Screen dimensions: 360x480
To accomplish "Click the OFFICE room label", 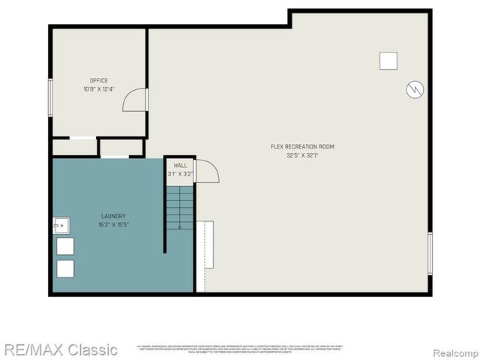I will coord(99,80).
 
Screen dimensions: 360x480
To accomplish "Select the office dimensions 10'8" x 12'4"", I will coord(99,89).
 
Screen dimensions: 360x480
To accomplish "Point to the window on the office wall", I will coord(49,96).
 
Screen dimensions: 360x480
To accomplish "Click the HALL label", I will coord(180,165).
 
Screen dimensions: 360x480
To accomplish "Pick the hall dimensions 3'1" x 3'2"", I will coord(180,174).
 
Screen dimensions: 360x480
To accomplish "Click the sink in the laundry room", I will coord(61,223).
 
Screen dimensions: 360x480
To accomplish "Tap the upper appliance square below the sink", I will coord(66,246).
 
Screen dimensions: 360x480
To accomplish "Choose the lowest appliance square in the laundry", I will coord(66,269).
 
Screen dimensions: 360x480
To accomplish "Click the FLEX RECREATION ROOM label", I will coord(302,146).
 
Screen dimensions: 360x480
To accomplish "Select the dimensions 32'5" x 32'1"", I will coord(302,156).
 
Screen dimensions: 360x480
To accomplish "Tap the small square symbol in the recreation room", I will coord(388,60).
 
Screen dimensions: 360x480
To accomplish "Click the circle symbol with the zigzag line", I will coord(414,90).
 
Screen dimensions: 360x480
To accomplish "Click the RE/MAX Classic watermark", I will coord(59,349).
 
